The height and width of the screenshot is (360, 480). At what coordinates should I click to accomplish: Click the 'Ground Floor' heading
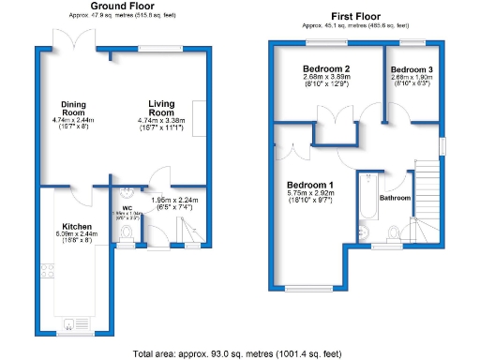click(122, 6)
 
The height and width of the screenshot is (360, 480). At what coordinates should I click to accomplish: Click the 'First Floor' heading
click(355, 16)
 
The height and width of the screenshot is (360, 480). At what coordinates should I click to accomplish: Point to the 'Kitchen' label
click(76, 226)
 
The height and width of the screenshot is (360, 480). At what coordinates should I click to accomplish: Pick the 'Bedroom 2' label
click(326, 69)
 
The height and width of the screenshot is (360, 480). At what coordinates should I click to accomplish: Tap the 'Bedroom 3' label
click(412, 70)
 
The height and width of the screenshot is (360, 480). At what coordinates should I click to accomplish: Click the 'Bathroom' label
click(395, 198)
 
